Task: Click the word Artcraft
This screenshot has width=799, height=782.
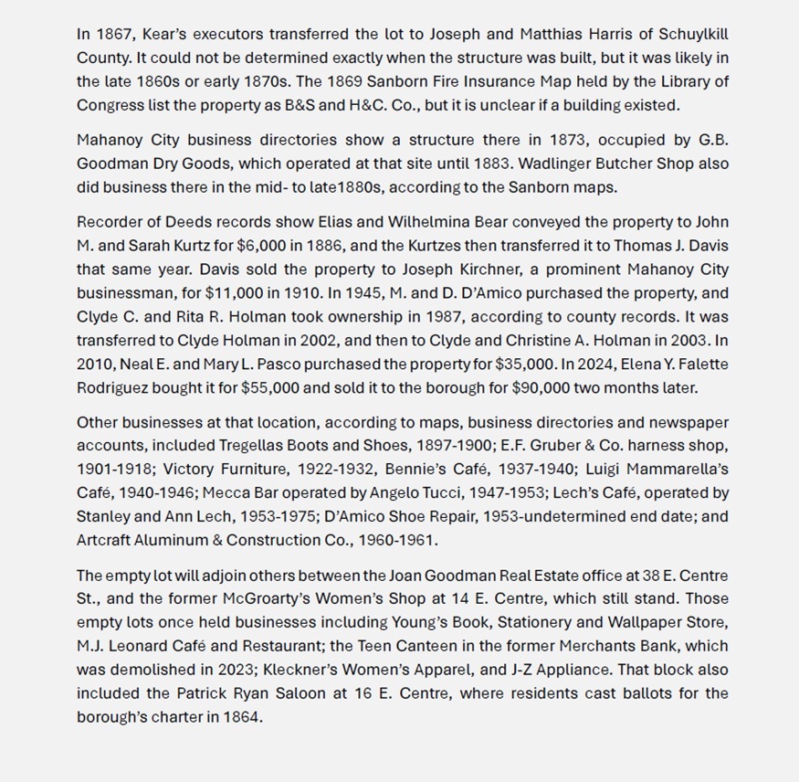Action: [104, 541]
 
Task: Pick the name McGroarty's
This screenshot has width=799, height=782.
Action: [266, 600]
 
